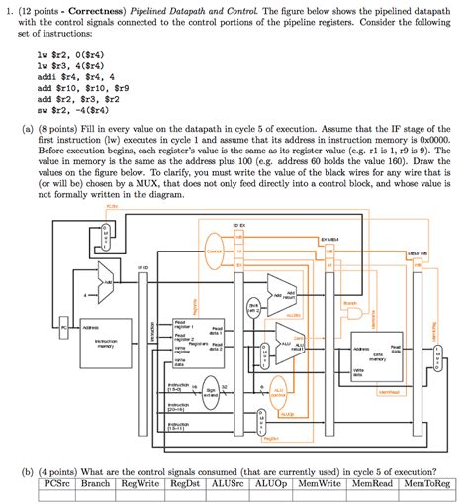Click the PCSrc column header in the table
click(x=55, y=484)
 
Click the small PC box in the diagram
click(x=66, y=326)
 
